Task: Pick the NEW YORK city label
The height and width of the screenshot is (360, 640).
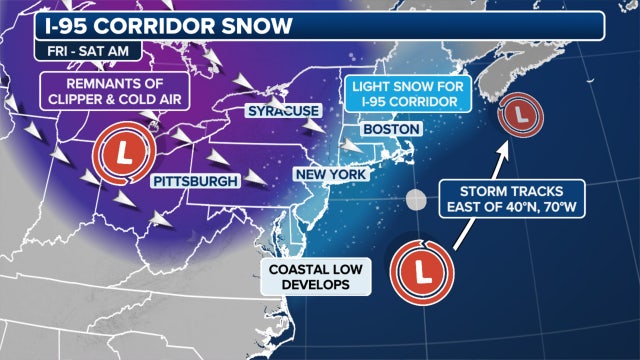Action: click(x=332, y=174)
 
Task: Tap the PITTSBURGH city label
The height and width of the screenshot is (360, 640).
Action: click(x=196, y=181)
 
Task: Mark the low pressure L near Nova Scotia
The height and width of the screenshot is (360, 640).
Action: click(x=520, y=117)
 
